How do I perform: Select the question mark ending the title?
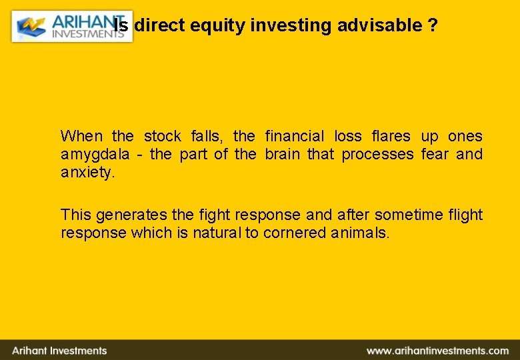coord(433,26)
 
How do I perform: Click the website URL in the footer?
coord(437,351)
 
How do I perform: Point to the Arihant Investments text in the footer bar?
coord(59,351)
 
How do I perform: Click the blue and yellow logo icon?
coord(31,27)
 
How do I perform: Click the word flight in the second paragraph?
coord(465,215)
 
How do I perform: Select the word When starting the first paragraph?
coord(81,137)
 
